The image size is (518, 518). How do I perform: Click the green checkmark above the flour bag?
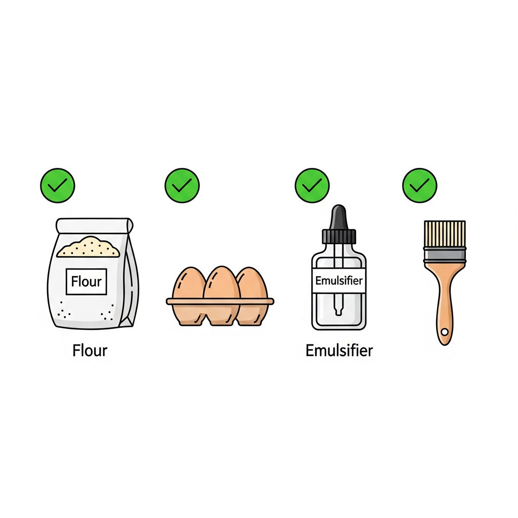coord(58,185)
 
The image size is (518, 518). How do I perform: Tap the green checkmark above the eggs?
coord(182,185)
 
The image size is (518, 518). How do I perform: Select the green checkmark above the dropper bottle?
coord(312,185)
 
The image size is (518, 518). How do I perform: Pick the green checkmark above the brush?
coord(419,185)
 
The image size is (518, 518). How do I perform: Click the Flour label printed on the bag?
coord(86,281)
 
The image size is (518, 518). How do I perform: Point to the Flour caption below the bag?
coord(90,351)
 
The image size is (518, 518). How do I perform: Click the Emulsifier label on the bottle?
coord(339,280)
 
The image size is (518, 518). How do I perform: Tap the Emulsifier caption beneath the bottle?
coord(339,351)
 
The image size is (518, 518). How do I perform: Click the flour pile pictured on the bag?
coord(88,247)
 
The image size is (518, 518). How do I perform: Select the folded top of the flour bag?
coord(95,226)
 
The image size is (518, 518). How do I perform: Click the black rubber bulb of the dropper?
coord(339,217)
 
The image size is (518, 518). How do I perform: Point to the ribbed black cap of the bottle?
coord(339,237)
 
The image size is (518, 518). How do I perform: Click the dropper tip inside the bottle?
coord(338,311)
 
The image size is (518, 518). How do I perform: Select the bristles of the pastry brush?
coord(445,234)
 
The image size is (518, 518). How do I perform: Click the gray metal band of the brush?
coord(445,255)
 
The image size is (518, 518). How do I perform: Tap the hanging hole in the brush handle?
coord(445,332)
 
